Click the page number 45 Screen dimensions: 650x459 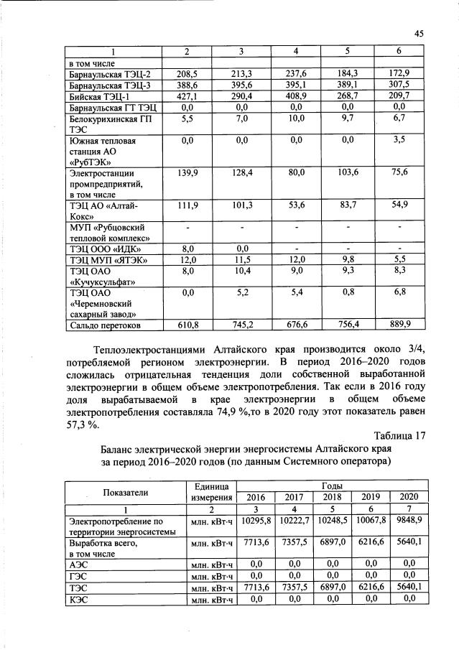point(419,33)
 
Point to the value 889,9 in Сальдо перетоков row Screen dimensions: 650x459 point(400,325)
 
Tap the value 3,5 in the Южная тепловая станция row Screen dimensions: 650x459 point(400,140)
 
